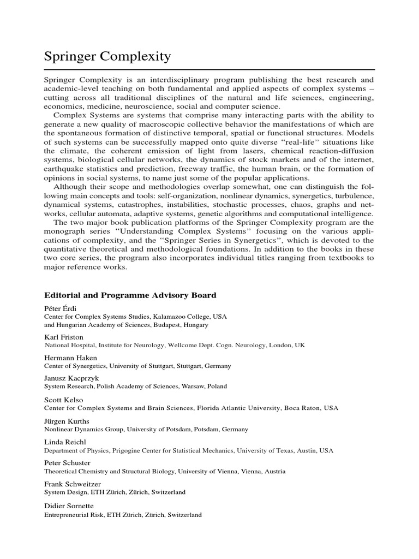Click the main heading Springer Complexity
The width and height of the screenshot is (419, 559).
(107, 56)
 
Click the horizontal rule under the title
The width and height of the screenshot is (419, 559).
(209, 70)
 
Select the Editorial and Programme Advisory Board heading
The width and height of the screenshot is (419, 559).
(130, 295)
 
